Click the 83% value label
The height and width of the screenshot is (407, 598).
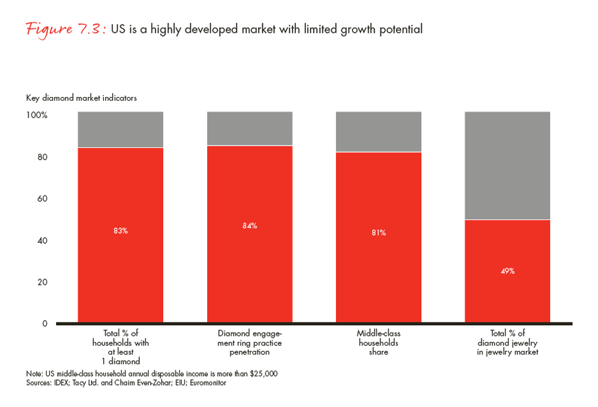(120, 231)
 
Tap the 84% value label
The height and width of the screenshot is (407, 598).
(249, 226)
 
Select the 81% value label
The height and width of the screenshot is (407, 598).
(378, 232)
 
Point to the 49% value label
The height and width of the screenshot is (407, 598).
(507, 271)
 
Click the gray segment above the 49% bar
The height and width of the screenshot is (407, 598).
(507, 165)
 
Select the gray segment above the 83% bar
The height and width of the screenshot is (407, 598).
(120, 129)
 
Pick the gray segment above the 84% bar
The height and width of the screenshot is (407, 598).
(249, 129)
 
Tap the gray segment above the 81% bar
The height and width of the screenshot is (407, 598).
(378, 132)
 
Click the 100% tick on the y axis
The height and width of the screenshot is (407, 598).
(36, 115)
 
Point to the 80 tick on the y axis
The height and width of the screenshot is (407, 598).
(42, 157)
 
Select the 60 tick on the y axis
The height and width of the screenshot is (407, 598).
(42, 198)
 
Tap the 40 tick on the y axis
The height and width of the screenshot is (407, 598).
(42, 240)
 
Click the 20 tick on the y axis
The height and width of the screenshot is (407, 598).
(42, 282)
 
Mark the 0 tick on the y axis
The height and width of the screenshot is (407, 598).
(44, 323)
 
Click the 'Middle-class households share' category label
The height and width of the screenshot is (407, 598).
(378, 343)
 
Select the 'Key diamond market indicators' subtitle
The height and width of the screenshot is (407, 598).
(81, 98)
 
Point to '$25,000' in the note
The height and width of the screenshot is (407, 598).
(262, 374)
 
